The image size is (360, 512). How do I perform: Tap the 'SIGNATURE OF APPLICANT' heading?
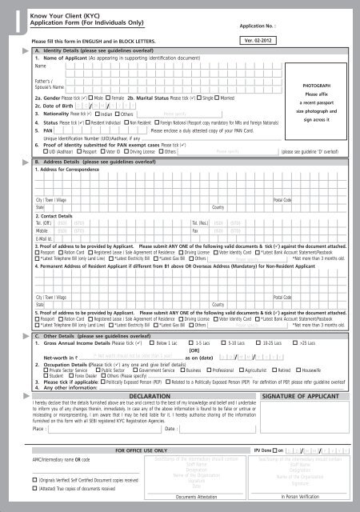[301, 374]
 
